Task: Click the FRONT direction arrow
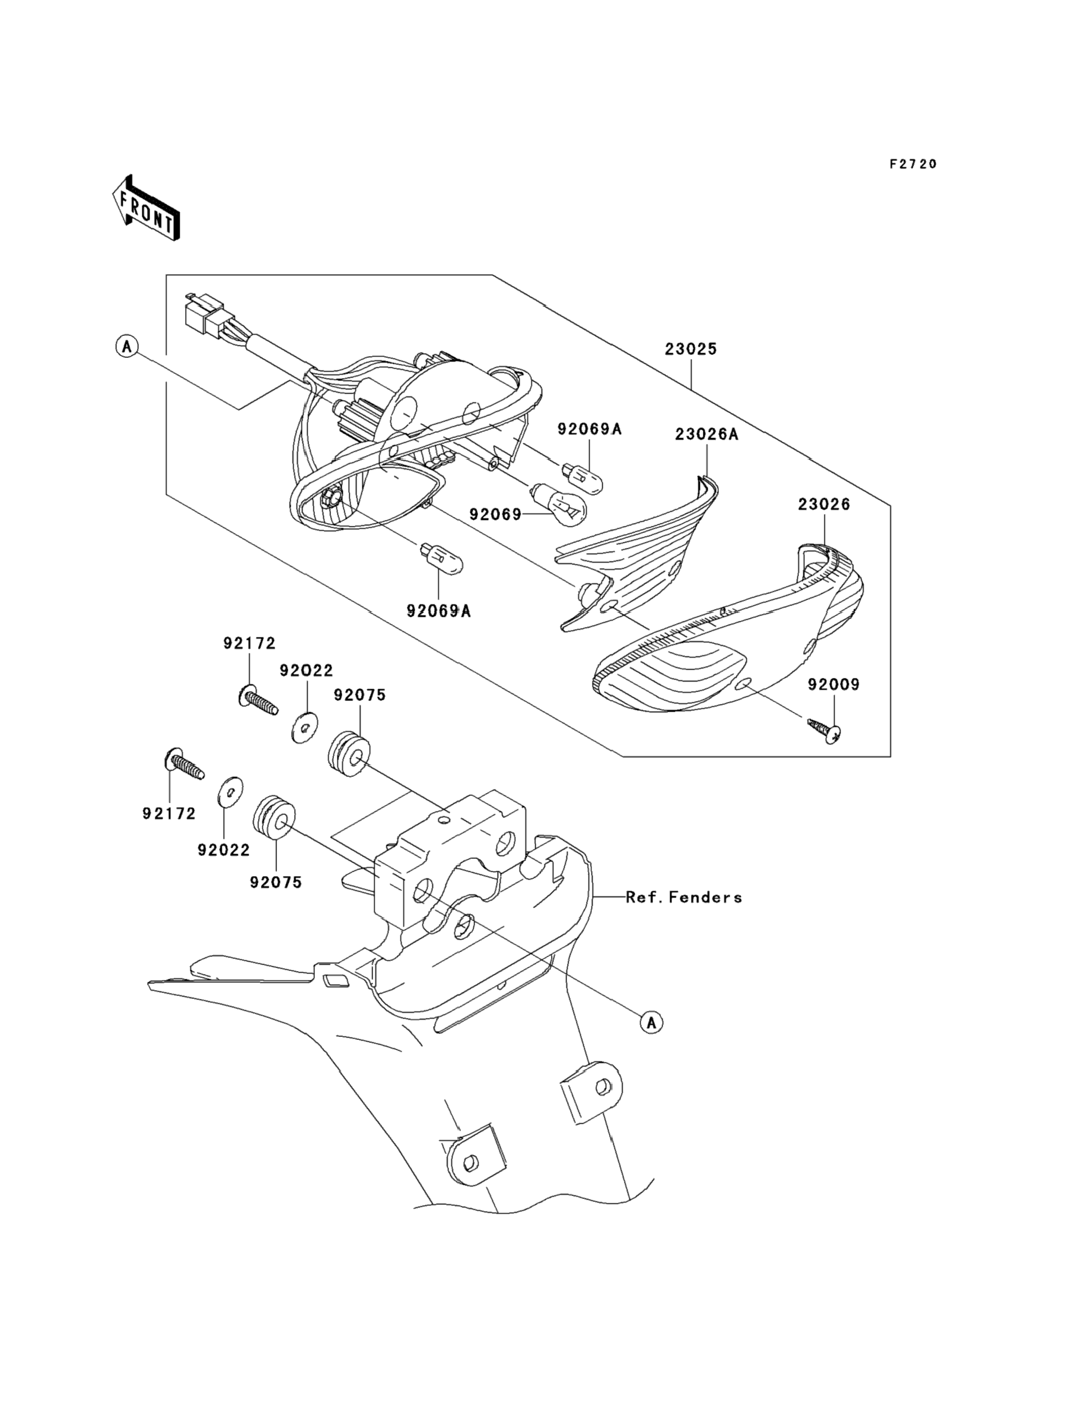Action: [x=145, y=208]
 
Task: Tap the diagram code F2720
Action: [x=913, y=164]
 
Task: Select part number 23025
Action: [x=691, y=349]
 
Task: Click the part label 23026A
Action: [x=706, y=434]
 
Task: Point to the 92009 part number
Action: [x=833, y=684]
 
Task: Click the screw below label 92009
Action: [x=826, y=729]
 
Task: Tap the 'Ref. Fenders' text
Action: [x=683, y=897]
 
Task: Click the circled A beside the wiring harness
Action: [x=128, y=347]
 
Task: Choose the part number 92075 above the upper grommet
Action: [x=360, y=695]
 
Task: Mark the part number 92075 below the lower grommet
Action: [x=276, y=883]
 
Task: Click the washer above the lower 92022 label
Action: [x=230, y=791]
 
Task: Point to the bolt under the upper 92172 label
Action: [x=259, y=703]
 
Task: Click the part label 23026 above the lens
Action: [x=824, y=505]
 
